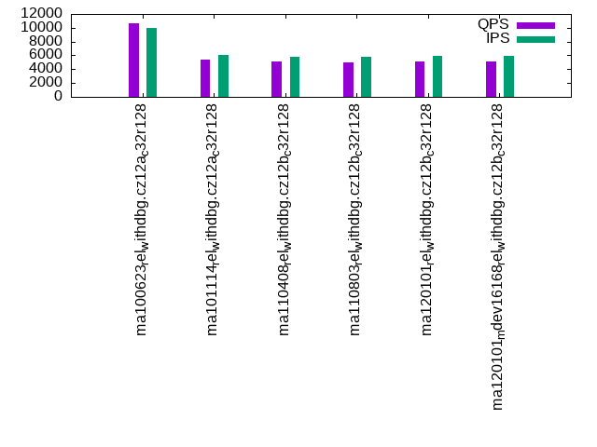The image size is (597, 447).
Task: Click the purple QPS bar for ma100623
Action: (x=133, y=60)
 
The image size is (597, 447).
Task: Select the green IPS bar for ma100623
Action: (x=151, y=62)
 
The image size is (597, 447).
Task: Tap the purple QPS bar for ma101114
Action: (x=205, y=78)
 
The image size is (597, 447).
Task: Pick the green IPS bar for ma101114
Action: (x=223, y=75)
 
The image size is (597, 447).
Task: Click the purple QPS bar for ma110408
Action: (x=276, y=79)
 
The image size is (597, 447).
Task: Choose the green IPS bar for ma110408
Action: (x=295, y=76)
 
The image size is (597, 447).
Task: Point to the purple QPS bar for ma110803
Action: (x=348, y=79)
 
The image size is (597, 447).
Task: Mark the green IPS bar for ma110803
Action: (x=366, y=76)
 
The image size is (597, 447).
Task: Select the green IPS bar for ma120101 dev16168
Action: (x=509, y=76)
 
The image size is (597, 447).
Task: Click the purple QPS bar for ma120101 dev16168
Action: (x=491, y=79)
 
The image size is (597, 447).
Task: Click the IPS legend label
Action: (x=498, y=39)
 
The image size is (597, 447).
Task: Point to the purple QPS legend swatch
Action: (x=536, y=25)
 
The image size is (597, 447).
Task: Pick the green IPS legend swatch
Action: (x=536, y=39)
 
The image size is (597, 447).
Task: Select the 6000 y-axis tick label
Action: (x=48, y=55)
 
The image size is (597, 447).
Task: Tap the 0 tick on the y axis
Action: (x=59, y=96)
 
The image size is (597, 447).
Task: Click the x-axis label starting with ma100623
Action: (x=142, y=218)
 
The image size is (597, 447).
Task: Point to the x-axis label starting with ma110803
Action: (x=356, y=218)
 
